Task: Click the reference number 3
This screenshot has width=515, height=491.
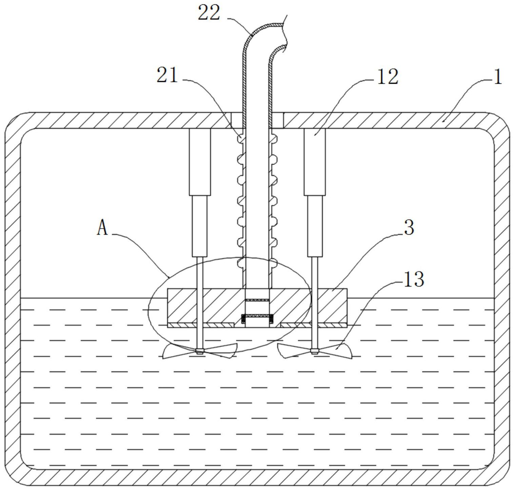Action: pyautogui.click(x=409, y=228)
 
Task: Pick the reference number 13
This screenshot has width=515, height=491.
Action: pyautogui.click(x=413, y=279)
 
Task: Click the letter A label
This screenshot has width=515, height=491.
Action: pyautogui.click(x=102, y=227)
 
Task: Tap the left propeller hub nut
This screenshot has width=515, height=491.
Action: pyautogui.click(x=200, y=351)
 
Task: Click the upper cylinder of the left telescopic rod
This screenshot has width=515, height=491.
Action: pyautogui.click(x=200, y=162)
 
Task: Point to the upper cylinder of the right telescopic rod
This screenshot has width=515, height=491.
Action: pyautogui.click(x=315, y=162)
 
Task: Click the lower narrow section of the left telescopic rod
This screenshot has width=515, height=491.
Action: pyautogui.click(x=200, y=226)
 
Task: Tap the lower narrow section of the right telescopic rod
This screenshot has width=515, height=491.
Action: pyautogui.click(x=315, y=226)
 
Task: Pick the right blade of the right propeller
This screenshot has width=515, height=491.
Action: pyautogui.click(x=335, y=351)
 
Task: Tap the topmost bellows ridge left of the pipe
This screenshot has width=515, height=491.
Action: pyautogui.click(x=240, y=138)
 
